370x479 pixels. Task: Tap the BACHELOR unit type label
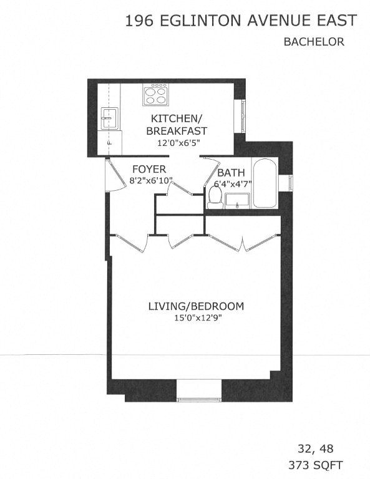click(314, 42)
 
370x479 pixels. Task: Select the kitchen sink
click(110, 117)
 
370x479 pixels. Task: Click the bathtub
click(263, 185)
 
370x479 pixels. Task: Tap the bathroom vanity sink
click(237, 200)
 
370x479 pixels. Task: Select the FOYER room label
click(149, 169)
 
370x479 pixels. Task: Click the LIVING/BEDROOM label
click(195, 306)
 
